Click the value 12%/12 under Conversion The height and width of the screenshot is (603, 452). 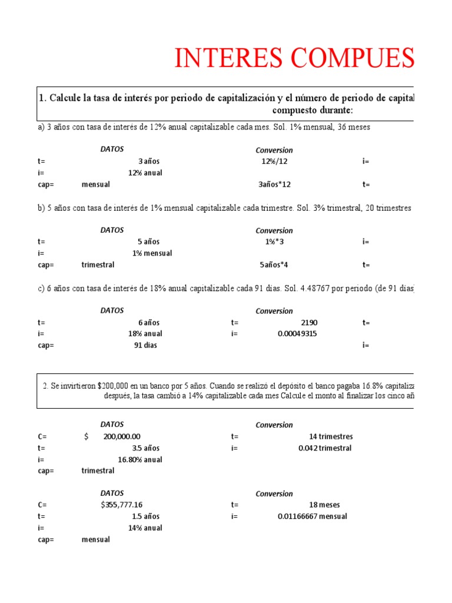(274, 161)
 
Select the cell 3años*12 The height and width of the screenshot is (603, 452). (274, 184)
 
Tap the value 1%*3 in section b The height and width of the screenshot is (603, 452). (274, 241)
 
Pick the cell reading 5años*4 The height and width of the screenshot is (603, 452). (274, 264)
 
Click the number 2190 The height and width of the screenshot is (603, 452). (309, 323)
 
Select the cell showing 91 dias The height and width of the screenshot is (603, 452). (147, 346)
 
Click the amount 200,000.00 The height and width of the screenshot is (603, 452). (122, 437)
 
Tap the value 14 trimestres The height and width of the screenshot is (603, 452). (331, 437)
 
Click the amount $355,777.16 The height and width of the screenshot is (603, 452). (122, 505)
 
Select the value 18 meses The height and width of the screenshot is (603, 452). (324, 505)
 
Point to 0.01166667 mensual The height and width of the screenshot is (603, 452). (313, 516)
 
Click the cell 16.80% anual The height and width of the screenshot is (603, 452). (140, 459)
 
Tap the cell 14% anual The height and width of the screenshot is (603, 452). (145, 528)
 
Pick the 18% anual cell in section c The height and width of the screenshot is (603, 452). (145, 334)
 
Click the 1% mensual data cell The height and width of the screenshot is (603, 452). (152, 253)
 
